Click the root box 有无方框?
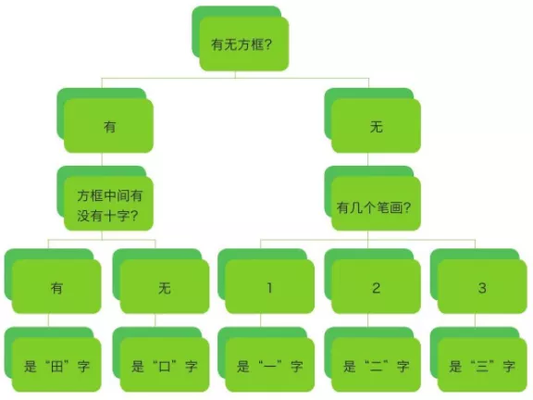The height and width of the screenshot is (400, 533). (243, 44)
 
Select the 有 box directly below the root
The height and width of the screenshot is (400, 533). (108, 126)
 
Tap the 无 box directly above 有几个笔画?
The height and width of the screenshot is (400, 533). (376, 126)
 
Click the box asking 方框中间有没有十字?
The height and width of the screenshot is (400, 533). (108, 204)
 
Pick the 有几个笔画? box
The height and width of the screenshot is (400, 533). (376, 204)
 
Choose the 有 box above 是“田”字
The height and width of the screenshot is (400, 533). (56, 287)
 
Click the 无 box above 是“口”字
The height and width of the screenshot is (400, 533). (165, 287)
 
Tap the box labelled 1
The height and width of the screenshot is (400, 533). (269, 287)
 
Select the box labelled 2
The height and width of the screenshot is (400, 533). (376, 287)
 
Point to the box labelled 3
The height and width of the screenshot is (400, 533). (482, 287)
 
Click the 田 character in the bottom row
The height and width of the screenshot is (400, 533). (56, 367)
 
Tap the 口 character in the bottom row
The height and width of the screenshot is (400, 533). (165, 367)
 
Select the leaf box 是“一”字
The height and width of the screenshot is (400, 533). (269, 365)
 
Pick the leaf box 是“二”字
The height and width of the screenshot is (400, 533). (376, 365)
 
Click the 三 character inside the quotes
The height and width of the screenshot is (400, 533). (482, 367)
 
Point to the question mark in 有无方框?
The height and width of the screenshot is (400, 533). (267, 44)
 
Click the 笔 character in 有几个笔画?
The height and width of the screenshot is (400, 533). (382, 207)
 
